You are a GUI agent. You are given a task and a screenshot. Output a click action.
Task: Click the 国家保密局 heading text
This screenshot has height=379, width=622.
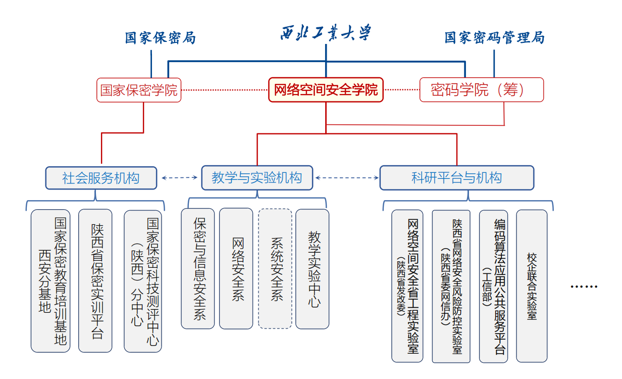tap(160, 38)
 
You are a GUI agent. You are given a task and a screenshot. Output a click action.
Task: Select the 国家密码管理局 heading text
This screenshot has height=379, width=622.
tap(494, 38)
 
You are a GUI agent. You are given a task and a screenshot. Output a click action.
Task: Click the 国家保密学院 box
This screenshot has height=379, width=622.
tap(139, 90)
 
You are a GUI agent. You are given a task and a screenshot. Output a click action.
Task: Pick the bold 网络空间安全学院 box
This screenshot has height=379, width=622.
tap(326, 90)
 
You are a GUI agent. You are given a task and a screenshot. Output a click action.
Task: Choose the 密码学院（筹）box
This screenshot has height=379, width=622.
tap(482, 90)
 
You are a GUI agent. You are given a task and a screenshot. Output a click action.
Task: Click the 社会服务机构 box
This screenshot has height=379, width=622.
tap(101, 178)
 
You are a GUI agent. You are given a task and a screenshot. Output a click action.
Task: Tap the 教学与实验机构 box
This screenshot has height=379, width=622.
tap(257, 178)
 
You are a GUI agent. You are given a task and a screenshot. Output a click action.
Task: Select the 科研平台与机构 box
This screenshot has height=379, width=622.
tap(456, 178)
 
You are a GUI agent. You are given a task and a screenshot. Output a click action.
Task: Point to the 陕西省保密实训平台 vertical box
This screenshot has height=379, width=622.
tap(95, 280)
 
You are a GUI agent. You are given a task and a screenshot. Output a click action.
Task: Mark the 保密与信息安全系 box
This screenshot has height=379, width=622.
tap(198, 268)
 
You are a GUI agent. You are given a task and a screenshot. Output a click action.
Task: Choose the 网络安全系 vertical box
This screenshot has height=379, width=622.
tap(236, 268)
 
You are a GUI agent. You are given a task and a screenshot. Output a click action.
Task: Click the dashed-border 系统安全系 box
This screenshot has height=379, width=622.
tap(275, 268)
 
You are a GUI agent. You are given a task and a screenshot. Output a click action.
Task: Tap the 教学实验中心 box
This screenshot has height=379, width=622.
tap(313, 268)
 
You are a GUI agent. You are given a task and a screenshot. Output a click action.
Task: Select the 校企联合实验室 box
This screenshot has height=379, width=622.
tap(532, 286)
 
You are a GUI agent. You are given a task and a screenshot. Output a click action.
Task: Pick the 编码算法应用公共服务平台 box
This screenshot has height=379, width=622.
tap(493, 286)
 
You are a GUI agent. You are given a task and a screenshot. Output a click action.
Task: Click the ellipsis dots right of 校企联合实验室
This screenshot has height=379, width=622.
tap(584, 287)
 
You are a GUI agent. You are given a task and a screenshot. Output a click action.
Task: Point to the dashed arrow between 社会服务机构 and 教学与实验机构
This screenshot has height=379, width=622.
tap(179, 177)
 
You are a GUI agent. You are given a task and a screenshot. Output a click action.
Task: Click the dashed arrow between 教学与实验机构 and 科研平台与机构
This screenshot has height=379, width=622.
tap(346, 177)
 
